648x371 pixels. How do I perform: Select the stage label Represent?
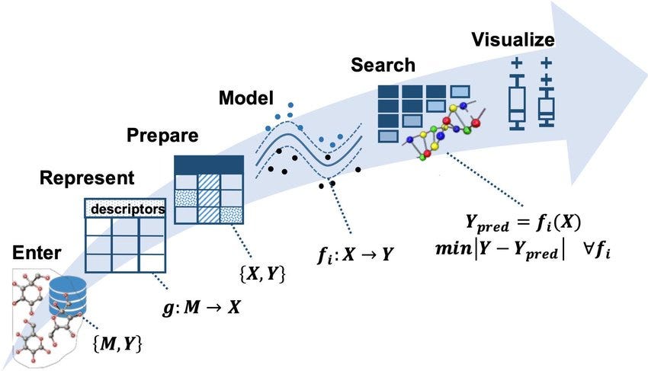tap(87, 179)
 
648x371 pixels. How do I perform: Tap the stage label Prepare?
tap(162, 136)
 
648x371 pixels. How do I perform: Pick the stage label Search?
tap(383, 66)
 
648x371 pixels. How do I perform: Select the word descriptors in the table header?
tap(127, 208)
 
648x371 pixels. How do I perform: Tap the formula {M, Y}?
tap(117, 343)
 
